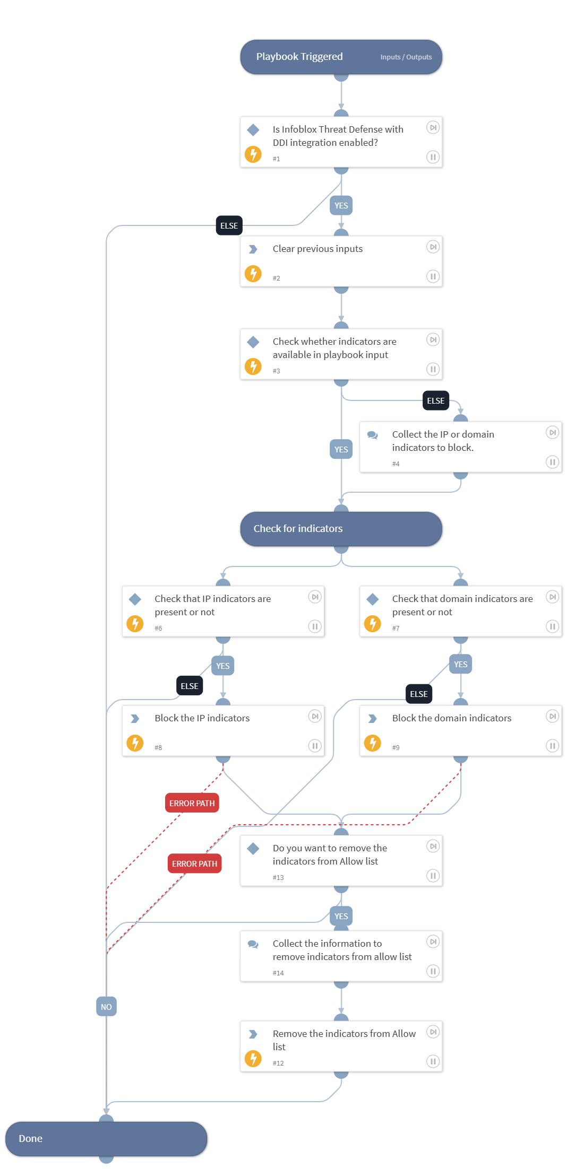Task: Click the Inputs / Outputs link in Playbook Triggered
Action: (406, 57)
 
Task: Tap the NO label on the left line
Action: (106, 1007)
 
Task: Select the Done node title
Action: (31, 1138)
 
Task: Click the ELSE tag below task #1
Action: (229, 225)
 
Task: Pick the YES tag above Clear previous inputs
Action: (341, 205)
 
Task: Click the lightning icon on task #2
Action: (253, 274)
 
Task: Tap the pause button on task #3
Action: (433, 369)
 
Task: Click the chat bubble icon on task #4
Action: (373, 435)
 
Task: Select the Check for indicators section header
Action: (298, 528)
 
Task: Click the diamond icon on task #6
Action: (135, 599)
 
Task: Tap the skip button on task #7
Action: (552, 597)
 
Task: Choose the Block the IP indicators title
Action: (202, 718)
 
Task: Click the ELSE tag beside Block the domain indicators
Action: (418, 694)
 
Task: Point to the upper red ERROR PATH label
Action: (192, 803)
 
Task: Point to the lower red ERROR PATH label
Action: (194, 863)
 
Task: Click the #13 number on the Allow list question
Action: (278, 877)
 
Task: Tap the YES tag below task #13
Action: (341, 916)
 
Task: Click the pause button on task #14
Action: (433, 971)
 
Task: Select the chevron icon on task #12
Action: (253, 1034)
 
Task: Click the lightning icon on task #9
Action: (373, 743)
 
